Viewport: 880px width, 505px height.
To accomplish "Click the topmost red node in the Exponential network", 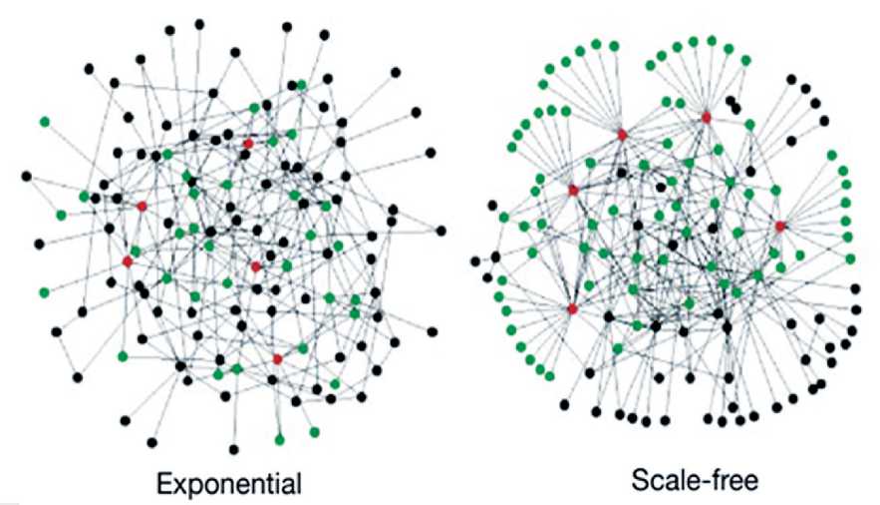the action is [248, 144].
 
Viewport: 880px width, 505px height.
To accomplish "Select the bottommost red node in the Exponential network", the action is [277, 358].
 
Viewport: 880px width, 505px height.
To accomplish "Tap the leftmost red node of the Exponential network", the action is [128, 261].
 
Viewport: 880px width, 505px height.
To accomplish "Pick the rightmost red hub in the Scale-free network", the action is [780, 227].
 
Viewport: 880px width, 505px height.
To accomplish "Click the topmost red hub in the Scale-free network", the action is [706, 118].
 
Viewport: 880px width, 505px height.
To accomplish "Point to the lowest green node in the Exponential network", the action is [279, 438].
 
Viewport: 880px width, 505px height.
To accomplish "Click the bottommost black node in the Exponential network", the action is [233, 449].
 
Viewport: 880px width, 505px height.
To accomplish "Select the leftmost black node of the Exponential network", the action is [27, 177].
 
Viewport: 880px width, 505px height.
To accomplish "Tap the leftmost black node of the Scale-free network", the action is [475, 261].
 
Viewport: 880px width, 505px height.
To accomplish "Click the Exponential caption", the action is [229, 485].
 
